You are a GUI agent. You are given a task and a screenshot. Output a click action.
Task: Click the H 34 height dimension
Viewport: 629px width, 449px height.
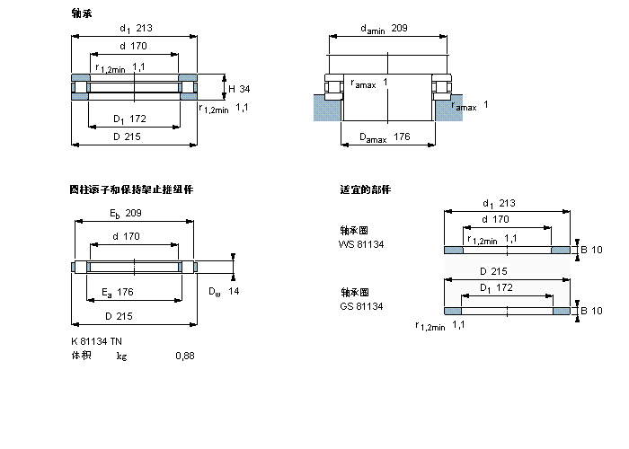point(239,88)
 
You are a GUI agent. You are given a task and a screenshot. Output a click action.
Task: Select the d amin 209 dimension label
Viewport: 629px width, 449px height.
point(384,29)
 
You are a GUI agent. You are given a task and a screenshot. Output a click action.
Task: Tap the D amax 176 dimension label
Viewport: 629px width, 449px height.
point(385,137)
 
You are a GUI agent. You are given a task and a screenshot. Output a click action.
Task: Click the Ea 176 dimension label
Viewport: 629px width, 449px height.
point(118,292)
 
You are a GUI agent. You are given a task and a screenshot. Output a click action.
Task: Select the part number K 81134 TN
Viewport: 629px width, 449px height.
point(98,340)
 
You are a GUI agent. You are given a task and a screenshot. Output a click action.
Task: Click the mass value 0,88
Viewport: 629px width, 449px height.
point(184,356)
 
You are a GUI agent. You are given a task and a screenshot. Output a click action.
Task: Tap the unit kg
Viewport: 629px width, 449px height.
point(121,356)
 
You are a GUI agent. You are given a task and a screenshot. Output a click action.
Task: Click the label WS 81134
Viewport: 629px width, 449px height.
point(361,243)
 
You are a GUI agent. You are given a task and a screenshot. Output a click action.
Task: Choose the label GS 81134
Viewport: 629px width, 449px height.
point(361,306)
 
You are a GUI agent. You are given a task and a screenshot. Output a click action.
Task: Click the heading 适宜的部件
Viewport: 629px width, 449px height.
point(364,189)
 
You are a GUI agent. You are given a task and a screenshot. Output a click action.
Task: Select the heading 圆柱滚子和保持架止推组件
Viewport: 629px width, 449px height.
point(131,189)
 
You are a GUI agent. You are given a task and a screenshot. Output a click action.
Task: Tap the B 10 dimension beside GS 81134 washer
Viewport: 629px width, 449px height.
point(591,311)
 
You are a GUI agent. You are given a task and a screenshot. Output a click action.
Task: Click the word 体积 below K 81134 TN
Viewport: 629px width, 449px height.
point(81,356)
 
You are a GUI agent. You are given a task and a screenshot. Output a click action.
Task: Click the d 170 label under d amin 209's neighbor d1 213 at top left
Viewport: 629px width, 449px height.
point(135,47)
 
